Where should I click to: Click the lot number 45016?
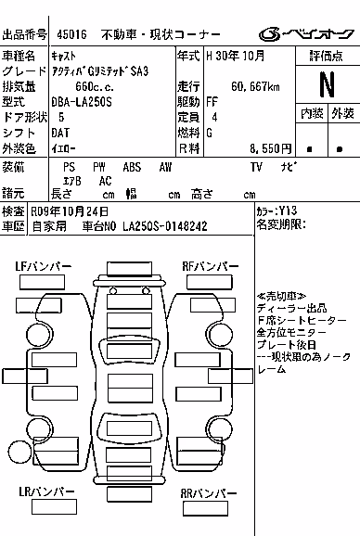[71, 34]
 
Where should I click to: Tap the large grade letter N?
[327, 84]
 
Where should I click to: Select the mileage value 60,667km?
[255, 87]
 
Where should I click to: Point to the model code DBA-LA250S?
[82, 102]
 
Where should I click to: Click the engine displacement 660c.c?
[95, 87]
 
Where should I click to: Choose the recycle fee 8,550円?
[270, 148]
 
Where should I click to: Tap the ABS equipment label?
[132, 167]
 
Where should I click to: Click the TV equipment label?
[256, 167]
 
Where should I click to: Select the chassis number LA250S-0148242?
[165, 226]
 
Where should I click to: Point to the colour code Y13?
[288, 211]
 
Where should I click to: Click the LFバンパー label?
[43, 266]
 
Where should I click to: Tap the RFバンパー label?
[211, 266]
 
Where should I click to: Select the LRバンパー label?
[46, 491]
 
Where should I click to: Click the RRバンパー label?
[209, 493]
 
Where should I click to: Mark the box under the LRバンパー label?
[54, 507]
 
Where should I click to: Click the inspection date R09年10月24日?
[70, 211]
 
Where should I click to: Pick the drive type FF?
[212, 102]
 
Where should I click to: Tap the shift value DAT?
[60, 133]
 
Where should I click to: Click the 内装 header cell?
[312, 113]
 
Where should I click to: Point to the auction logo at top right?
[306, 33]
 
